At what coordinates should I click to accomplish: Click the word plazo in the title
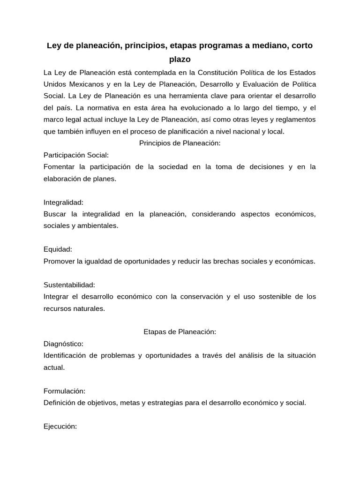pyautogui.click(x=180, y=60)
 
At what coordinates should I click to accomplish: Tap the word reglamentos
pyautogui.click(x=292, y=120)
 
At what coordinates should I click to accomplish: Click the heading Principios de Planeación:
pyautogui.click(x=180, y=143)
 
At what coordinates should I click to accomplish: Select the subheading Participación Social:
pyautogui.click(x=76, y=155)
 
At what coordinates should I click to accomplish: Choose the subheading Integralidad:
pyautogui.click(x=63, y=202)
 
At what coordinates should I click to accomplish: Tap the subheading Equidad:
pyautogui.click(x=58, y=249)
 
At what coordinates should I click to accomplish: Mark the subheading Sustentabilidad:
pyautogui.click(x=69, y=285)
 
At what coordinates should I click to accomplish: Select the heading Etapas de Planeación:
pyautogui.click(x=180, y=332)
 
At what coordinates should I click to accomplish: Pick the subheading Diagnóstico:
pyautogui.click(x=63, y=344)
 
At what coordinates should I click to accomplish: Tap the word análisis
pyautogui.click(x=248, y=355)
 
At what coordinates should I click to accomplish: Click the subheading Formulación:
pyautogui.click(x=64, y=391)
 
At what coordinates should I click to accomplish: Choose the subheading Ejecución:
pyautogui.click(x=60, y=426)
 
